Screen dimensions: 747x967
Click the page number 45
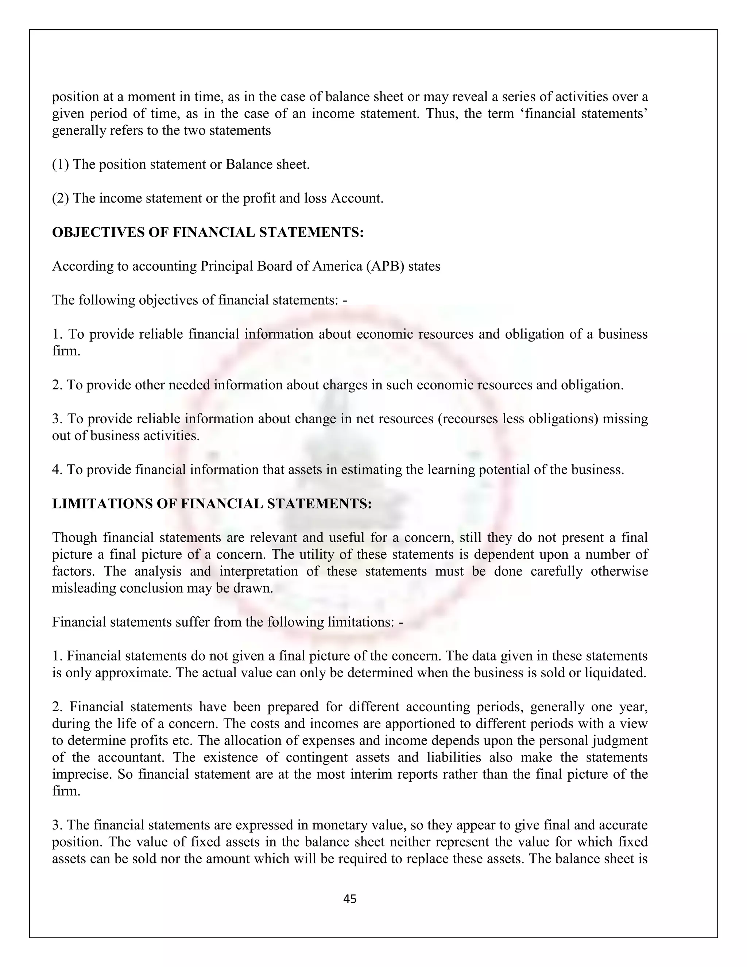pos(349,899)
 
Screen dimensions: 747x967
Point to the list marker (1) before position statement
pos(61,164)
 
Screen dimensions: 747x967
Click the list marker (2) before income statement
pos(61,198)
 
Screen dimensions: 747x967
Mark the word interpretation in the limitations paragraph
pos(262,571)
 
